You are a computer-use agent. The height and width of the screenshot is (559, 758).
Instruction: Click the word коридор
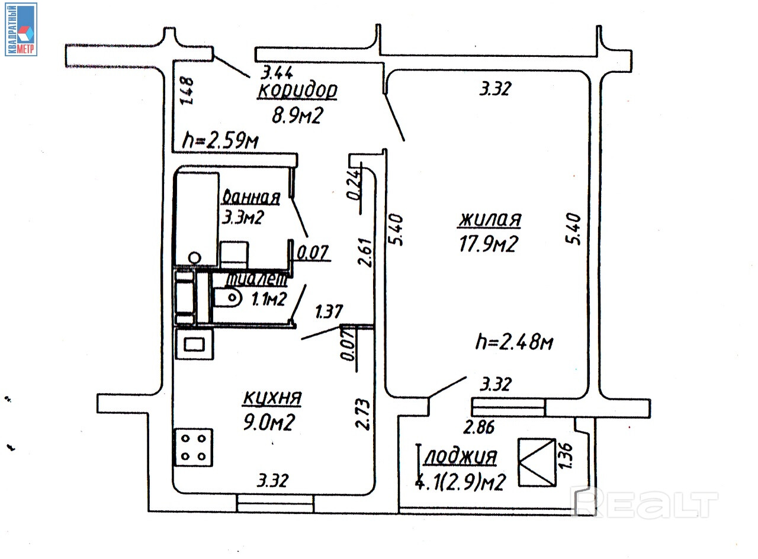point(298,91)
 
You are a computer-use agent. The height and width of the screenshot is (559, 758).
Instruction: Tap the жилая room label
point(489,220)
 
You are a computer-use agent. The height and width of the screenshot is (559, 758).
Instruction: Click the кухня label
point(272,399)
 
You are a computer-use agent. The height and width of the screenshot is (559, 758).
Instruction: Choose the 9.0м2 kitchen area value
point(269,423)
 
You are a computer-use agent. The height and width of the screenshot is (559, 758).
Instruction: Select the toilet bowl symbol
point(228,298)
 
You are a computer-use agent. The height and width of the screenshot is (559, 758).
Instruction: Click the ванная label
point(249,197)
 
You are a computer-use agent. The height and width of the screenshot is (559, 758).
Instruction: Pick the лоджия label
point(460,457)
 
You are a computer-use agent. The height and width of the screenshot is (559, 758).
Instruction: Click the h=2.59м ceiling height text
point(220,141)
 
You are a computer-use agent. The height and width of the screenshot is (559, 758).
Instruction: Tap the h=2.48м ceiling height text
point(514,342)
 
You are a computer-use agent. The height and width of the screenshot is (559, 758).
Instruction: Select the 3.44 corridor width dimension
point(278,73)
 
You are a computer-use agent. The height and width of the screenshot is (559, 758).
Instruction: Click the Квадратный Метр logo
point(21,30)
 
